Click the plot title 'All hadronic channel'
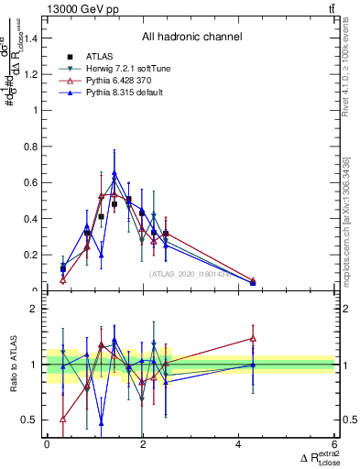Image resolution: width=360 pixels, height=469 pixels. coord(191,37)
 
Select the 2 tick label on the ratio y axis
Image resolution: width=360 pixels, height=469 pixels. coord(37,309)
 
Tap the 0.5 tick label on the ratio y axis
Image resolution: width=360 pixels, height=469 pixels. coord(33,420)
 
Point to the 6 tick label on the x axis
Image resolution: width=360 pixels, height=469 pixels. coord(334,444)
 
